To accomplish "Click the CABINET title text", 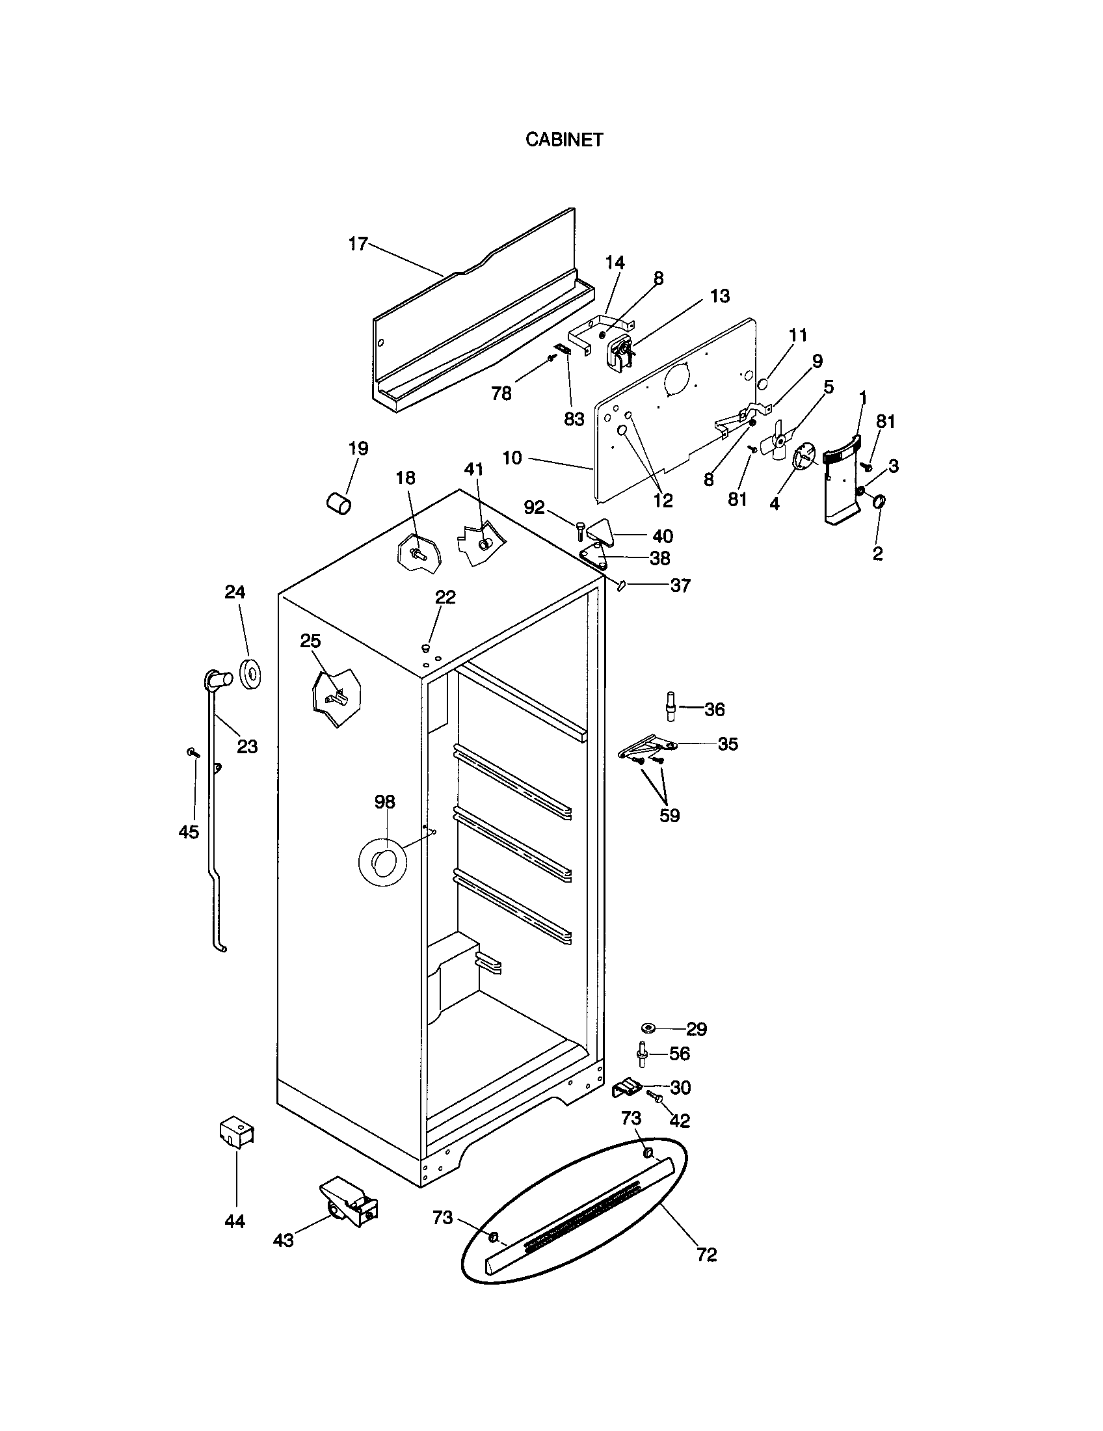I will [564, 140].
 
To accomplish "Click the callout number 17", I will [358, 245].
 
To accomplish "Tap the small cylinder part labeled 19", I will [339, 505].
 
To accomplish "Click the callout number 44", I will [235, 1222].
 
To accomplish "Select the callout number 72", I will [707, 1254].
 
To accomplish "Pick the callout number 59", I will [669, 816].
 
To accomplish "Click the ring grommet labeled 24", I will [251, 675].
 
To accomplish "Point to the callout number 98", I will [385, 801].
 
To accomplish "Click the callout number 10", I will [512, 458].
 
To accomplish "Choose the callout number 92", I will [535, 507].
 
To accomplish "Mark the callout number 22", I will [445, 597].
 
